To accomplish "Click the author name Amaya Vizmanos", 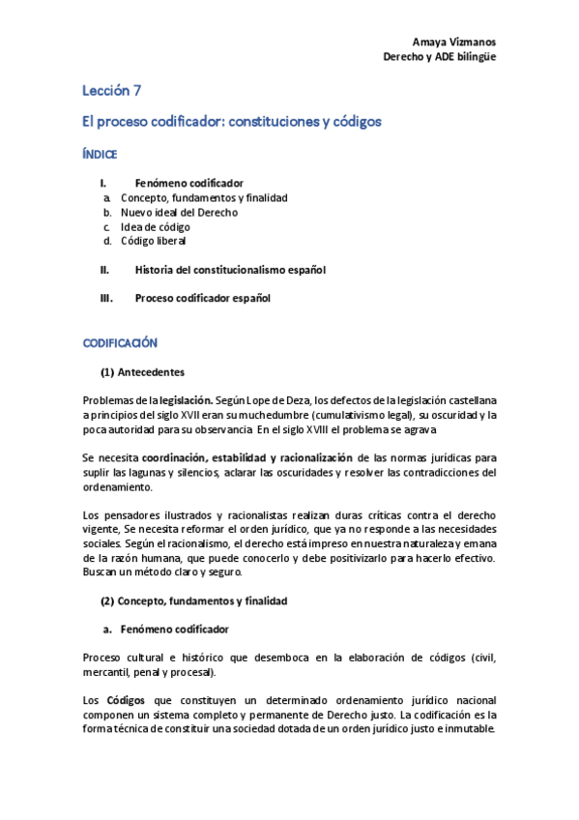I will tap(454, 43).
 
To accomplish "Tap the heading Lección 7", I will tap(111, 92).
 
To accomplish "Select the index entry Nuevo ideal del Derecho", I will tap(179, 212).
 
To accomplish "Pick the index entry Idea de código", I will tap(155, 226).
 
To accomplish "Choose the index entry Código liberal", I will tap(153, 240).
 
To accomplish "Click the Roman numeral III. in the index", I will tap(106, 298).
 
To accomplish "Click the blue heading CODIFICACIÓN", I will tap(119, 343).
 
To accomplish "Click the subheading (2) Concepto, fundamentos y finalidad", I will tap(193, 600).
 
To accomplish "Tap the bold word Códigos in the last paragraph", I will tap(126, 700).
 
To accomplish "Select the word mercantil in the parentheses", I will tap(106, 672).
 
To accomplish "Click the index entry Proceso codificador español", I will tap(202, 298).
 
